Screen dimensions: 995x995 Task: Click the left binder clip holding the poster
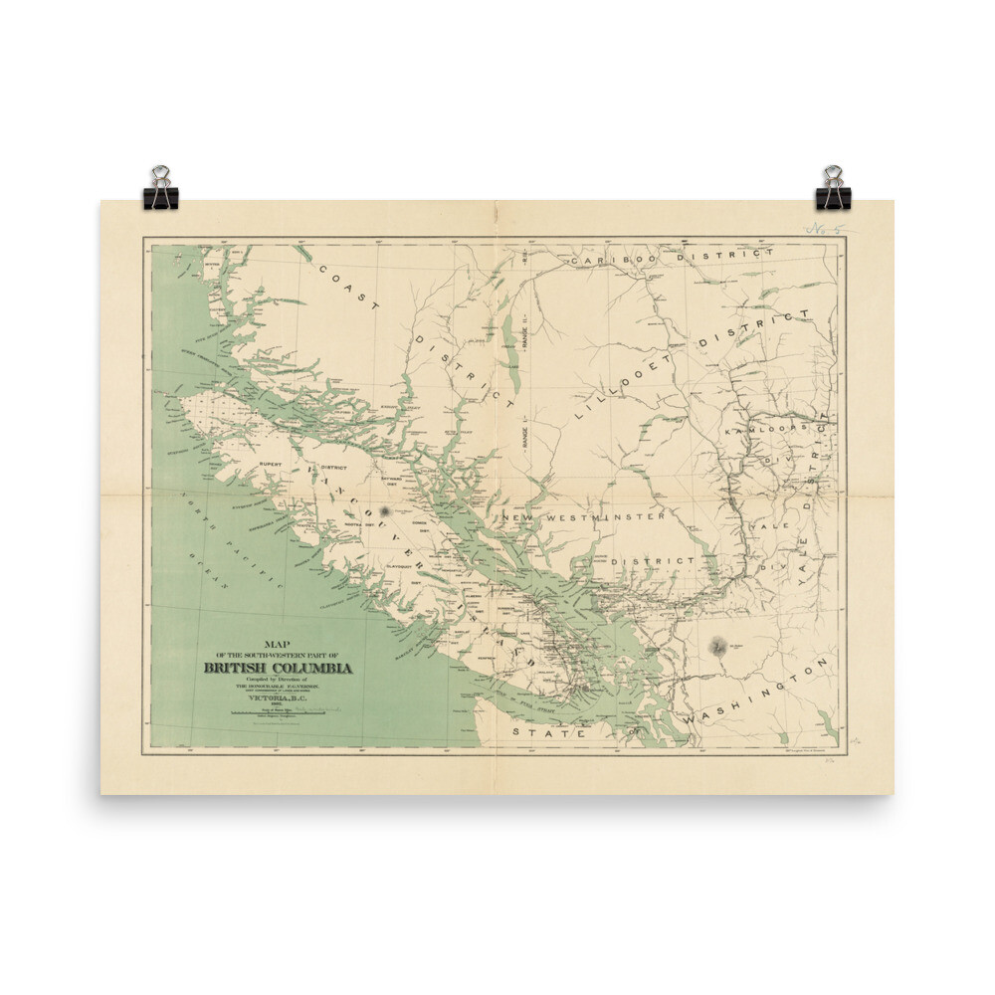[x=161, y=188]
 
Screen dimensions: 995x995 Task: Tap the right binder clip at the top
[x=833, y=188]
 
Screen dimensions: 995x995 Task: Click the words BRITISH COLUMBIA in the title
[x=278, y=668]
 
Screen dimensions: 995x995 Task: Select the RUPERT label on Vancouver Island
[x=271, y=465]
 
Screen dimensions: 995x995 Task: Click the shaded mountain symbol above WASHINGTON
[x=717, y=648]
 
